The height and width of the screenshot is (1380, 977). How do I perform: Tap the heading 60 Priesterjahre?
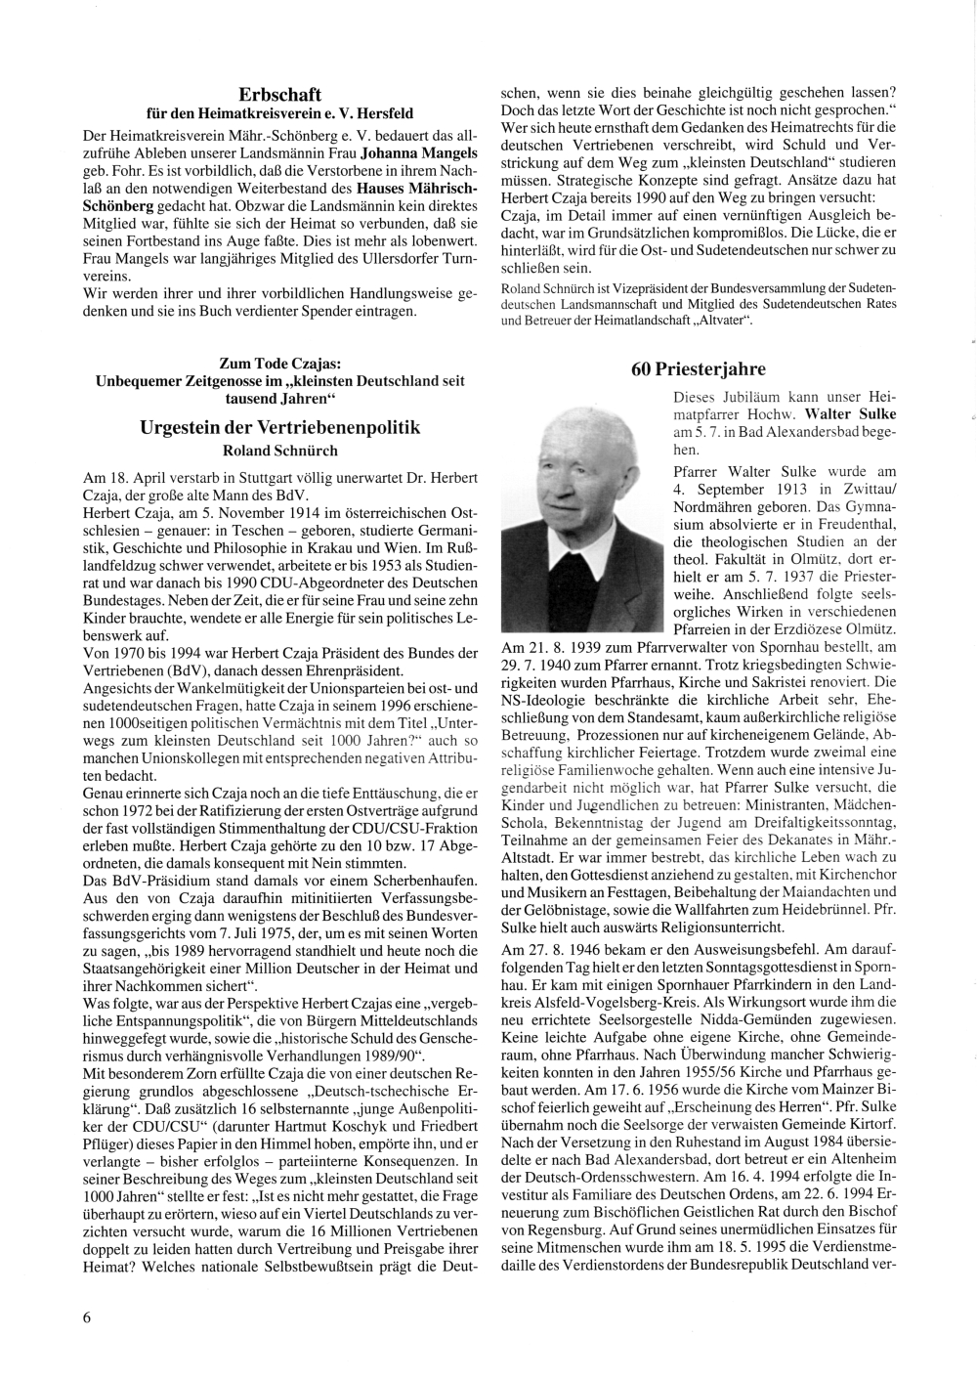[699, 368]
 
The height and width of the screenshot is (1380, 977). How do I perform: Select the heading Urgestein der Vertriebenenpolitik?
[280, 427]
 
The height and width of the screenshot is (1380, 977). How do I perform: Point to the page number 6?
[87, 1315]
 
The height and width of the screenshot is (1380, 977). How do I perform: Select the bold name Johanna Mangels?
[418, 153]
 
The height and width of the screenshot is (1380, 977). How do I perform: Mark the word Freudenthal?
[840, 525]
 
